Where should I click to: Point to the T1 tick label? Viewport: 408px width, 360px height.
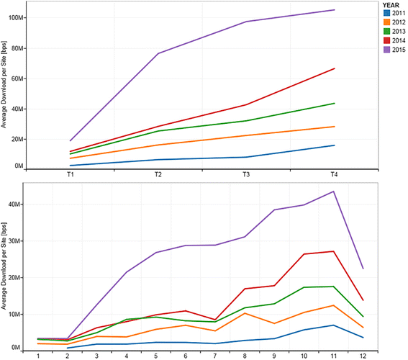coord(70,175)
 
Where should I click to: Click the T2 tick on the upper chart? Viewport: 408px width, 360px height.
coord(158,175)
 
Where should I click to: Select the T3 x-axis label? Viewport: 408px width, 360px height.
coord(246,175)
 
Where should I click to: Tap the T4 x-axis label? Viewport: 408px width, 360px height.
coord(334,175)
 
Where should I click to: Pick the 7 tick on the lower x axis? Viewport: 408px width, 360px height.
coord(216,354)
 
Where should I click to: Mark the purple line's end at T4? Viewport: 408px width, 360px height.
coord(334,10)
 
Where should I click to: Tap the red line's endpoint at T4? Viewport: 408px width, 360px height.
coord(334,68)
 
